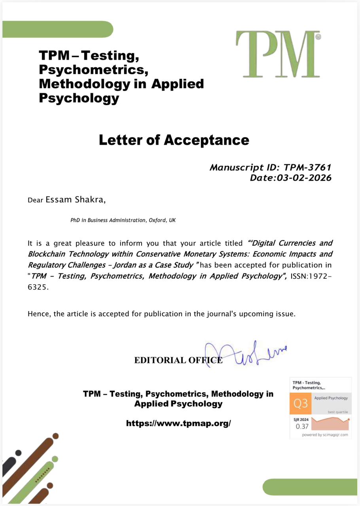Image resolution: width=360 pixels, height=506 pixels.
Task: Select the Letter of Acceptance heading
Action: click(x=174, y=140)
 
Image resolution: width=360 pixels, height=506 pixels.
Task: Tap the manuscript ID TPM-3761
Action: click(x=307, y=167)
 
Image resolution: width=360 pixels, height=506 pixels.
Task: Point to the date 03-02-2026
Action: click(x=303, y=178)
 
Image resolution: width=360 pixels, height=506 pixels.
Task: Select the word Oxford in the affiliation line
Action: click(x=157, y=220)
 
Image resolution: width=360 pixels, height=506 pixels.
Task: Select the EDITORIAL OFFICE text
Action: click(x=178, y=360)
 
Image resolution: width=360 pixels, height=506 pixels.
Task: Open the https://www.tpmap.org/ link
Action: click(x=178, y=423)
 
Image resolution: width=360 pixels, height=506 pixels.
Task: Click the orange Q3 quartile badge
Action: click(x=301, y=404)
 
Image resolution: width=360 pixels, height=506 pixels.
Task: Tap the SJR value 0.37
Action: click(x=302, y=427)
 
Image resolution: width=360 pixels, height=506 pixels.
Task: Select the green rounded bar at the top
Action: click(x=57, y=29)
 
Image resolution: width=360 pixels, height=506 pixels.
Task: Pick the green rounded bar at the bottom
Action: click(x=310, y=487)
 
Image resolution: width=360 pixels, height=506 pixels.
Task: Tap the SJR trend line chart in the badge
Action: click(x=331, y=423)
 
